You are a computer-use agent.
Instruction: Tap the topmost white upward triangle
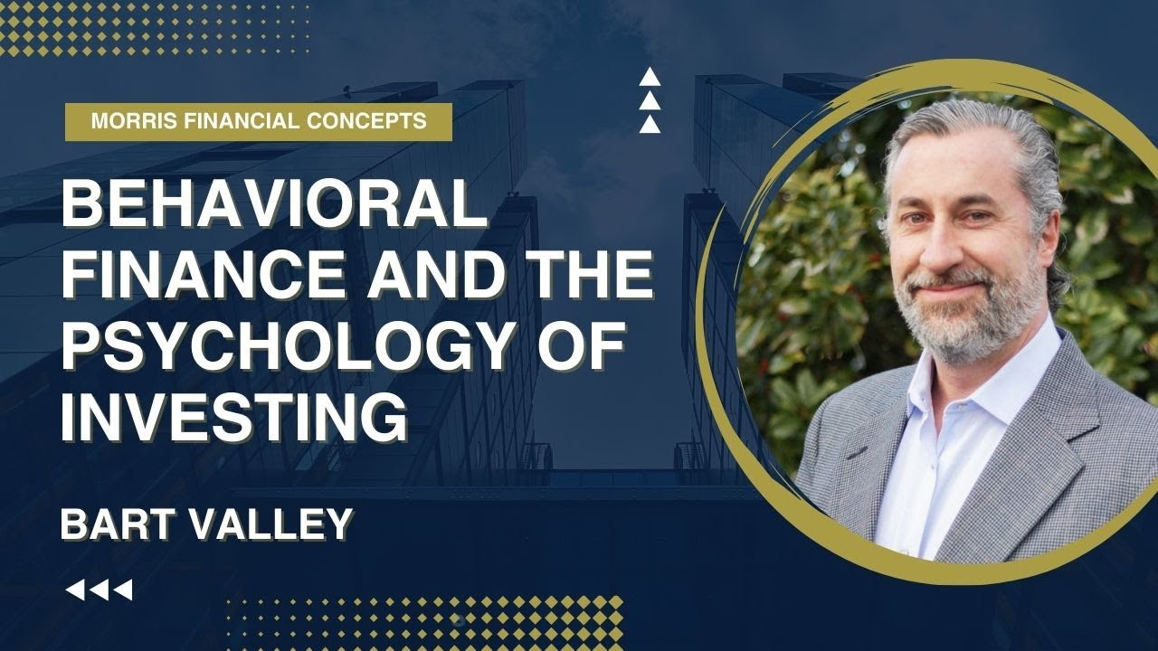[x=650, y=78]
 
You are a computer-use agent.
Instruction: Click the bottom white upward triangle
[x=650, y=125]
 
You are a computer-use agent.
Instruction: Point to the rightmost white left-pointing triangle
[x=123, y=590]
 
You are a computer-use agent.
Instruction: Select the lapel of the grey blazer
[x=1040, y=452]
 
